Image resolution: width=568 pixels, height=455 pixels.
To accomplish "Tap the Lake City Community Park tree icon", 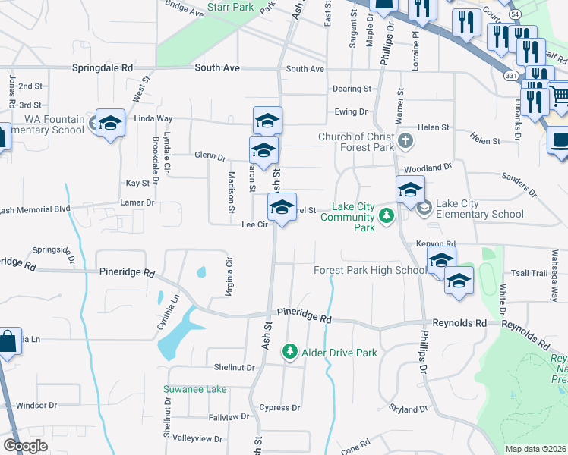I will pos(387,217).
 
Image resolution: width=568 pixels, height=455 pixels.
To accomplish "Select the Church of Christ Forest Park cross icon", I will pos(406,140).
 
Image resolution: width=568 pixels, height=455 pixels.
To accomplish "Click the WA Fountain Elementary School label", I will pos(43,124).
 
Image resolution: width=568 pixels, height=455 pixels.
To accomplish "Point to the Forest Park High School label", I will pos(370,271).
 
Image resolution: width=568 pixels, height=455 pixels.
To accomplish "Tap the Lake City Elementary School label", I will pos(480,209).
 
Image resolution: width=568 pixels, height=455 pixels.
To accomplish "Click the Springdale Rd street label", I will pos(103,67).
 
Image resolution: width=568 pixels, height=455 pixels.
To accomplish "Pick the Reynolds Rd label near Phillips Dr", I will pos(459,323).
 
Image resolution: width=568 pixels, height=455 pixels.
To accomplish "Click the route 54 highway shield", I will pos(535,15).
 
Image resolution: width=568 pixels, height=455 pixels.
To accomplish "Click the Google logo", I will pos(25,446).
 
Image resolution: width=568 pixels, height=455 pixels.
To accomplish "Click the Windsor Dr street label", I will pos(37,406).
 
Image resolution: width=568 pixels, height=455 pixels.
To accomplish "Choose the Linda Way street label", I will pos(153,119).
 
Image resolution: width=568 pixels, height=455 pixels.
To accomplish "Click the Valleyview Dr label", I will pos(197,438).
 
